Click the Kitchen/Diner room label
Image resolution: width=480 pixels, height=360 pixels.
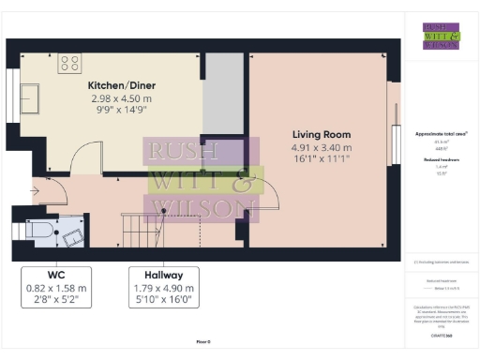[111, 85]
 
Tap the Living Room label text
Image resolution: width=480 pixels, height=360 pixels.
[322, 133]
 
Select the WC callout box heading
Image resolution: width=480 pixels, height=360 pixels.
[56, 276]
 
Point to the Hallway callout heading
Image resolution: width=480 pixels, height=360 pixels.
[163, 276]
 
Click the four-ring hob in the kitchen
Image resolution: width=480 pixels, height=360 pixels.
[70, 64]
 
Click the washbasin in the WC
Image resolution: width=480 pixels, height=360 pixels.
[72, 228]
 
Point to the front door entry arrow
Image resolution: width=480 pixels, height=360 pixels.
[35, 191]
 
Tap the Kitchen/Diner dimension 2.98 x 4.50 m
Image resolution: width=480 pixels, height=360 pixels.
[111, 97]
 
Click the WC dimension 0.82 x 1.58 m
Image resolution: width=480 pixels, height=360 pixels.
[56, 288]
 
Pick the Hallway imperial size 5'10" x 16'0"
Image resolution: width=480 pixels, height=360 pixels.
[163, 300]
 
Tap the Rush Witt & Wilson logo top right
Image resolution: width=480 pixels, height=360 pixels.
[441, 35]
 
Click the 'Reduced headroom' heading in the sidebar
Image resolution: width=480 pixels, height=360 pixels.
[440, 160]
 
